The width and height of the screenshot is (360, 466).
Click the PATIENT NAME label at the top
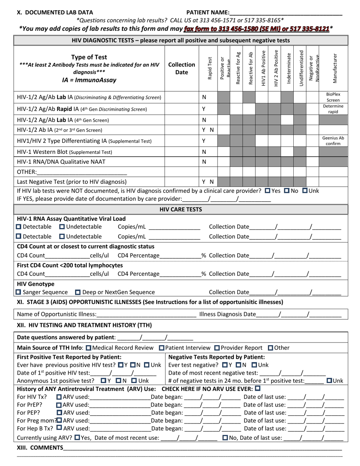pos(208,12)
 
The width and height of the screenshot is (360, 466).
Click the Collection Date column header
pos(182,68)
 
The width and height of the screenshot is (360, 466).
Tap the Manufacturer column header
pos(333,68)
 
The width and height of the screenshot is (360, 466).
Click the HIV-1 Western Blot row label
pos(65,152)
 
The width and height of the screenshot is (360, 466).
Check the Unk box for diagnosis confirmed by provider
pos(305,191)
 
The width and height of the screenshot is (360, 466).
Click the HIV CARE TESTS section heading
pos(180,210)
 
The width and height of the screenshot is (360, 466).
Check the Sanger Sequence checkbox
pos(19,292)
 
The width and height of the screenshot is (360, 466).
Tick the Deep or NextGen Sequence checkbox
pos(78,292)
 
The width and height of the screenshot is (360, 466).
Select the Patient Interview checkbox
pos(162,348)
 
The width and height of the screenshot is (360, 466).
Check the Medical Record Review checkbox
pos(88,348)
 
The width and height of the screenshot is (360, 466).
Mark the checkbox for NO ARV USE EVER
pos(258,388)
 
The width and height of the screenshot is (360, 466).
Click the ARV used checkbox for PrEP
pos(59,405)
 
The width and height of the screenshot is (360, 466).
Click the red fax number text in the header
pos(256,29)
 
